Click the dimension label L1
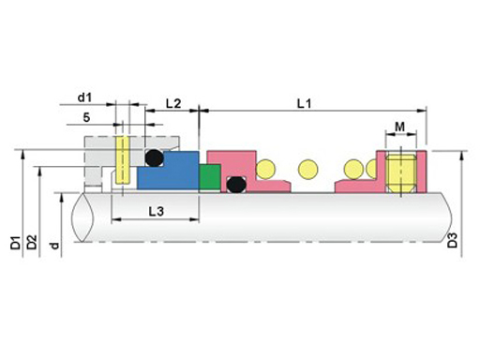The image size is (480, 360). pyautogui.click(x=304, y=103)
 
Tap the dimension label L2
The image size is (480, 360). pyautogui.click(x=173, y=103)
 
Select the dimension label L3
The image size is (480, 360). pyautogui.click(x=156, y=212)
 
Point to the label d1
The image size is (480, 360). pyautogui.click(x=84, y=97)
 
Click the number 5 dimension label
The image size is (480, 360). pyautogui.click(x=86, y=117)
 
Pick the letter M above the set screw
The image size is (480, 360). pyautogui.click(x=399, y=127)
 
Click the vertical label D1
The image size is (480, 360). pyautogui.click(x=16, y=243)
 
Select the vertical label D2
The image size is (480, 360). pyautogui.click(x=32, y=242)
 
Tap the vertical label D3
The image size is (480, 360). pyautogui.click(x=452, y=240)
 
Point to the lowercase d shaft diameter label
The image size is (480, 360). pyautogui.click(x=54, y=246)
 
